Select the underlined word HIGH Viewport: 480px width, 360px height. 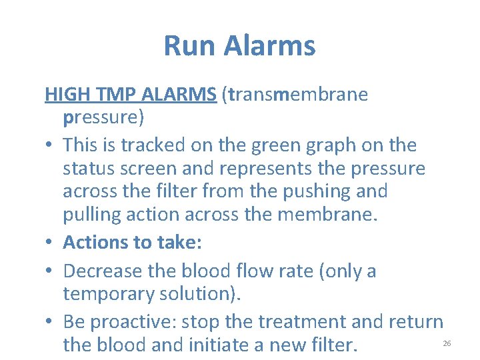click(63, 94)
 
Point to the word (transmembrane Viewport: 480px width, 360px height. click(297, 94)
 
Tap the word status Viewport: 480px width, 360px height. click(87, 168)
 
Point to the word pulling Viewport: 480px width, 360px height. click(93, 215)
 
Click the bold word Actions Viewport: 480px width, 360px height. click(96, 242)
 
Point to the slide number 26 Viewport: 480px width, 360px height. click(447, 343)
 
